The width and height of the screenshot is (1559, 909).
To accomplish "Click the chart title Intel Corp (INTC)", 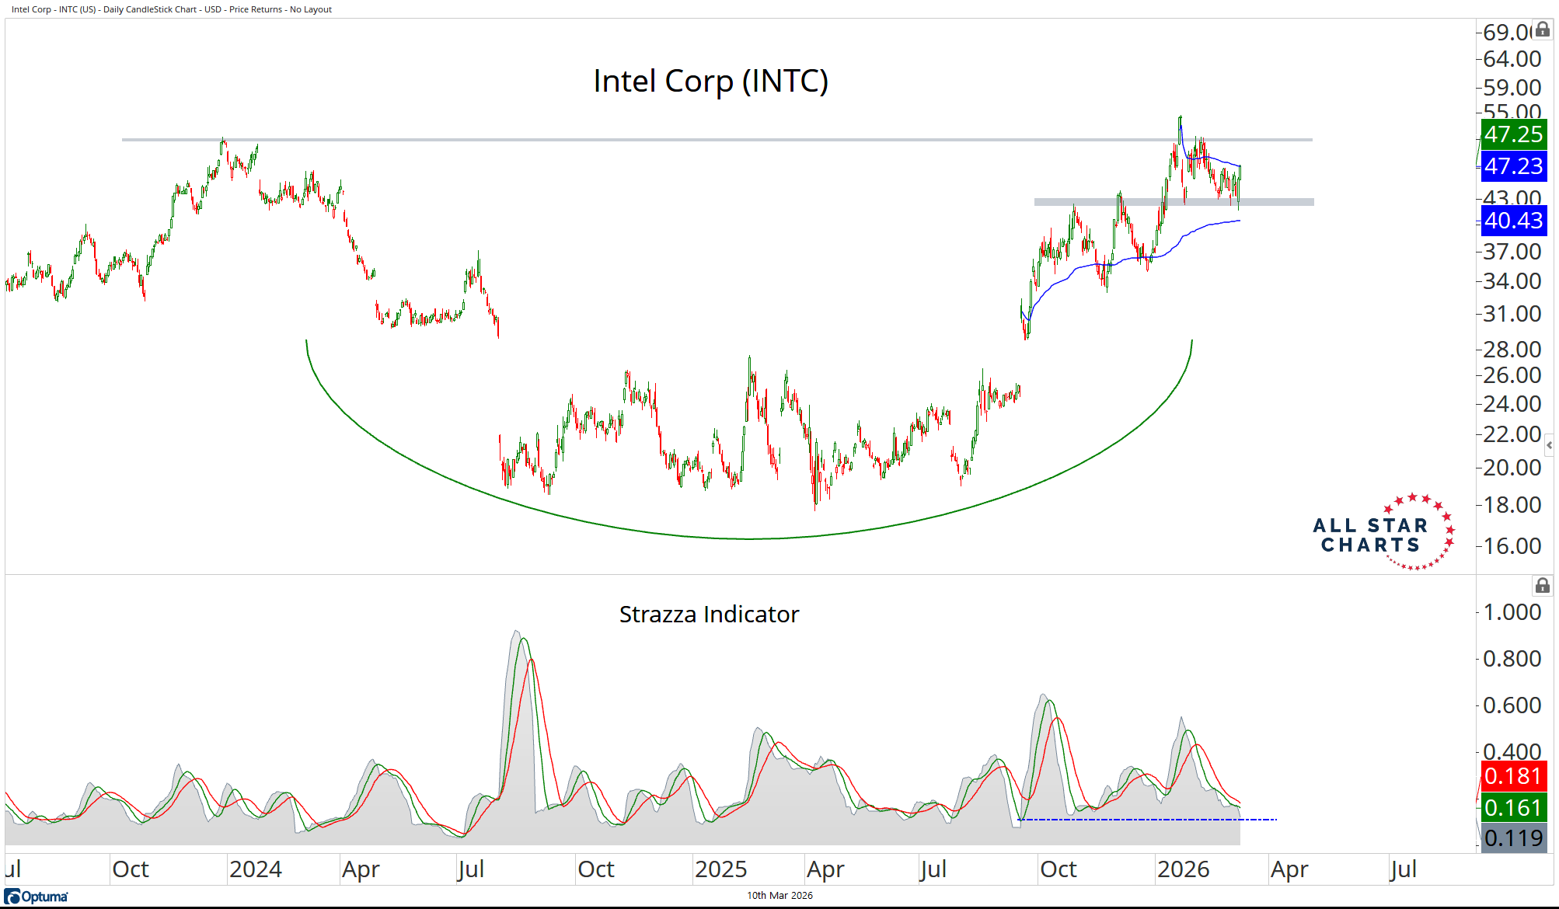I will pos(710,81).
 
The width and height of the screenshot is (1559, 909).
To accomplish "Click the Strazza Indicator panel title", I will pos(709,615).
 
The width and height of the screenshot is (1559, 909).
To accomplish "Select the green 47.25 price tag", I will pos(1513,134).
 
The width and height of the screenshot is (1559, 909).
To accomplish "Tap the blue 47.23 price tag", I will pos(1513,166).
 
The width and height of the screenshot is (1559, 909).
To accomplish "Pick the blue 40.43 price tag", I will pos(1513,221).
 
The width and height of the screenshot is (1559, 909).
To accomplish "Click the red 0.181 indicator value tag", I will pos(1513,776).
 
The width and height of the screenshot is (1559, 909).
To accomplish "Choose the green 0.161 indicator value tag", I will pos(1513,808).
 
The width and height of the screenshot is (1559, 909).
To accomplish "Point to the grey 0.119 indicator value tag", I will pos(1513,838).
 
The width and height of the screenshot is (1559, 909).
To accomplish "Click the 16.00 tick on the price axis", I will pos(1512,546).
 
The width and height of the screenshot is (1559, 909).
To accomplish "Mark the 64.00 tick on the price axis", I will pos(1512,59).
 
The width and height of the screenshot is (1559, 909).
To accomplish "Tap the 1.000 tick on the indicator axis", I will pos(1512,612).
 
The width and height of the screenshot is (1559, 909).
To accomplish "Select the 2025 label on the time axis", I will pos(720,869).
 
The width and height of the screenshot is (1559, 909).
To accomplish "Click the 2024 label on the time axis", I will pos(255,869).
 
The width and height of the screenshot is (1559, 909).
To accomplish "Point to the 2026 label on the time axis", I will pos(1183,869).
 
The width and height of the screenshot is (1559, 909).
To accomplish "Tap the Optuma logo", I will pos(37,897).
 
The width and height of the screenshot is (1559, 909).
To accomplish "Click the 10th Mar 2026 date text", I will pos(779,896).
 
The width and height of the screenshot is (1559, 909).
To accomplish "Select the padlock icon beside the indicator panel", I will pos(1543,586).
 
